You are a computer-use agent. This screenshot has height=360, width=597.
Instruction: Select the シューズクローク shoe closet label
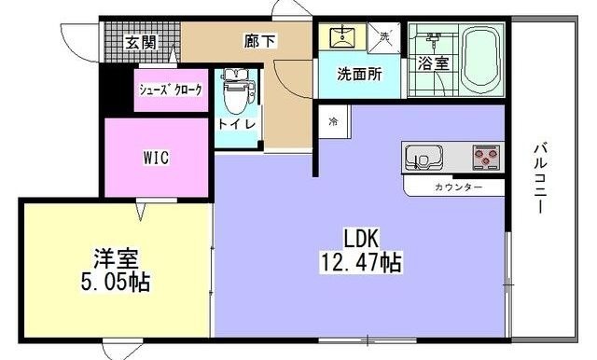tap(170, 90)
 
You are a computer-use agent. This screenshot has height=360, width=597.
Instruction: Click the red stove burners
tap(486, 158)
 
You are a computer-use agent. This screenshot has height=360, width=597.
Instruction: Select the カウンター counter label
tap(458, 187)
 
